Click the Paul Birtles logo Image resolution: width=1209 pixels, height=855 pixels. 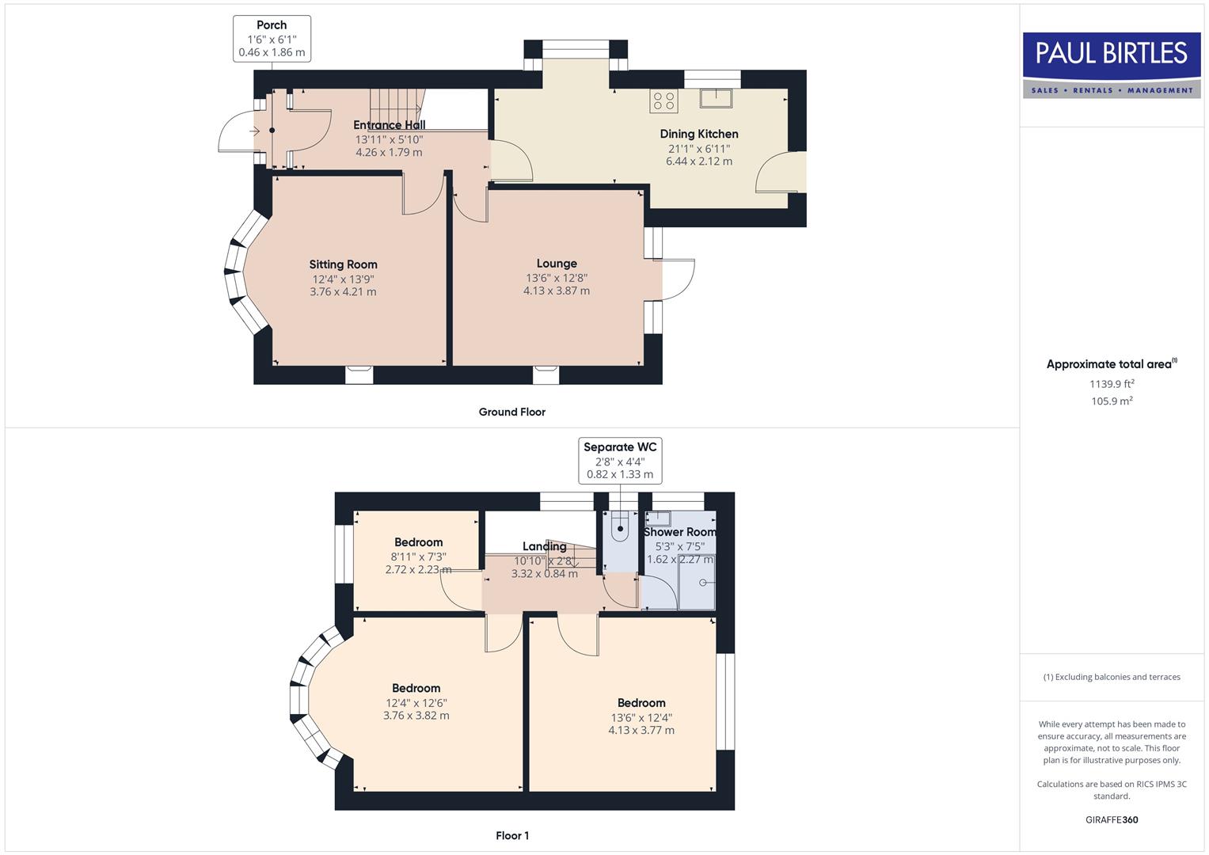coord(1112,64)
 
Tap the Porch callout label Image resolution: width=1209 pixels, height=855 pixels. coord(272,39)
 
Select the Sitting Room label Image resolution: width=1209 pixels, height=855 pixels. coord(343,264)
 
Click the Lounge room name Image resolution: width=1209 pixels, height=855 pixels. coord(557,264)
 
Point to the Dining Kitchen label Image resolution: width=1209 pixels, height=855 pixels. coord(699,134)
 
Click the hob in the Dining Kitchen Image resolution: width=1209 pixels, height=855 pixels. coord(663,101)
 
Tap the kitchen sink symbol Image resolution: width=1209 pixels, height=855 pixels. coord(716,98)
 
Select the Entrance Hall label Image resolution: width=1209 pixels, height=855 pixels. coord(389,125)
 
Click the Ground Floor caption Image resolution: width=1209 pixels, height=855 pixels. coord(511,412)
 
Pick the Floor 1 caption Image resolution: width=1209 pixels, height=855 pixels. coord(512,835)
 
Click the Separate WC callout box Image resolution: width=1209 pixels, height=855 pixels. coord(620,460)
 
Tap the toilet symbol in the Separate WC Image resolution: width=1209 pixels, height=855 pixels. coord(621,529)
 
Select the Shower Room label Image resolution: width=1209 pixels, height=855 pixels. coord(679,532)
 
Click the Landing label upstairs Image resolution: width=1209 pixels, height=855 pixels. coord(544,546)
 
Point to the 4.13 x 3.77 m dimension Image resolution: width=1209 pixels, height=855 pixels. coord(641,731)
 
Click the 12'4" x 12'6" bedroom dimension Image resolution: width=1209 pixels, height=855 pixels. coord(416,703)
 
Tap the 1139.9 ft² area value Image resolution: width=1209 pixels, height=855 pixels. coord(1112,384)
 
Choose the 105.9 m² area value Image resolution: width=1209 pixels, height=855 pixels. coord(1112,401)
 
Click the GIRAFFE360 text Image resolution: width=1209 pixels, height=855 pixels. coord(1112,819)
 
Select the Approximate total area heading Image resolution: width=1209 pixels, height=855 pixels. coord(1110,364)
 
